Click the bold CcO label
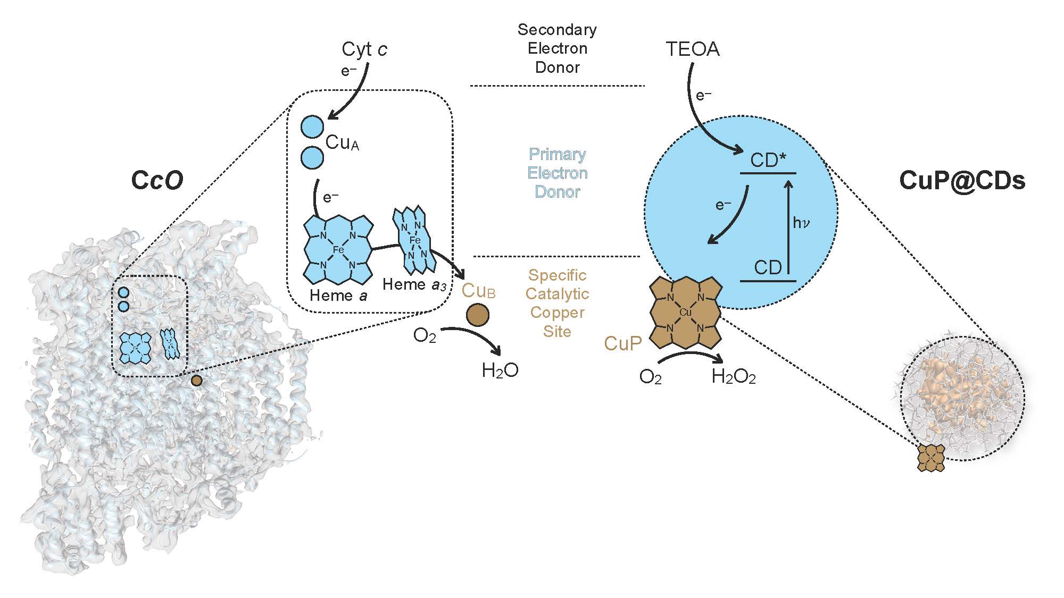pos(157,180)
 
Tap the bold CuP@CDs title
pos(962,181)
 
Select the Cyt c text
pos(364,49)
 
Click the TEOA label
pos(693,49)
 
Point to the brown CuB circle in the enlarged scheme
pos(478,315)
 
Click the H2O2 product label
pos(734,377)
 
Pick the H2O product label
pos(500,370)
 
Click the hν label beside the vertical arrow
pos(801,223)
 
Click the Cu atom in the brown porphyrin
pos(685,313)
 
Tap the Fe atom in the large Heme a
pos(338,249)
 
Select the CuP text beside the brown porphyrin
pos(623,344)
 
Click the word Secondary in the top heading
pos(557,30)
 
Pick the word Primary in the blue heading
pos(557,154)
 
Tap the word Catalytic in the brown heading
pos(557,294)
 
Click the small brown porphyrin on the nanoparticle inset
pos(931,458)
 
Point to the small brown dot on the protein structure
pos(196,380)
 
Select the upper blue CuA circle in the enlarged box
pos(312,127)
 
